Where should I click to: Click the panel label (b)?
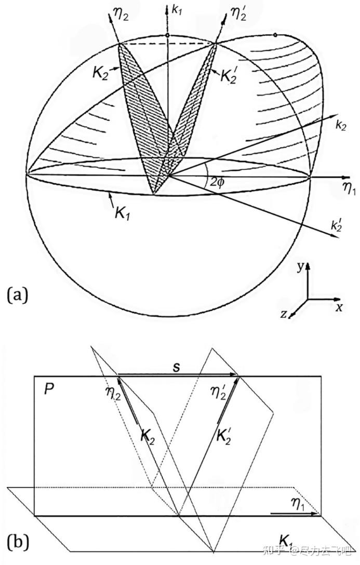[17, 542]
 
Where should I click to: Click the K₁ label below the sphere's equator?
[122, 212]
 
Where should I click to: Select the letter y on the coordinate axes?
[300, 266]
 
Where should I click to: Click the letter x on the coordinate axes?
[338, 306]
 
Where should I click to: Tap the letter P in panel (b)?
[48, 389]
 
